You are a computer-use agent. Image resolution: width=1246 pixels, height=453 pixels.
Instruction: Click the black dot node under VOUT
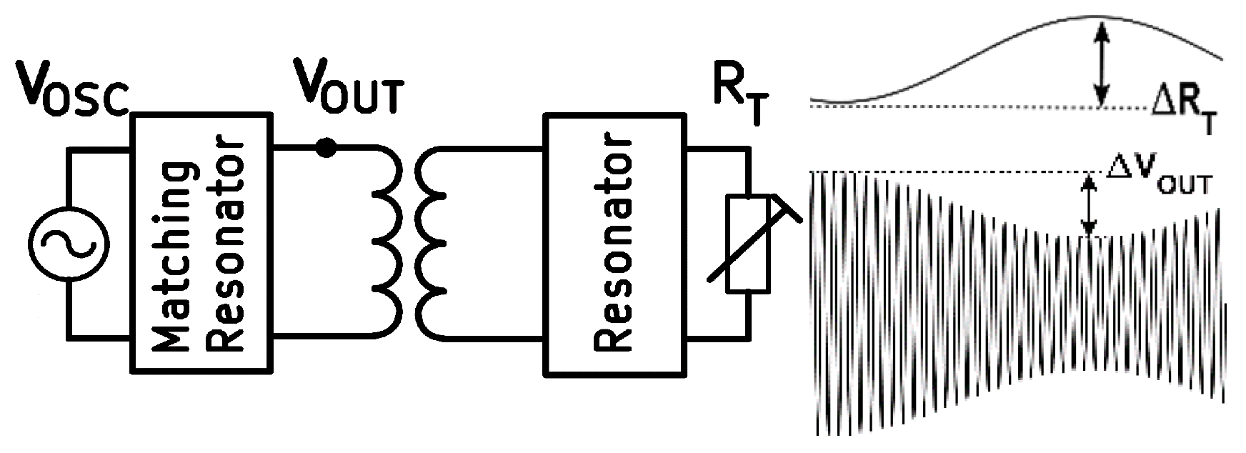pyautogui.click(x=326, y=148)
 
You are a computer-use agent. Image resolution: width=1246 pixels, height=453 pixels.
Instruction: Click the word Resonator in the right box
pyautogui.click(x=613, y=243)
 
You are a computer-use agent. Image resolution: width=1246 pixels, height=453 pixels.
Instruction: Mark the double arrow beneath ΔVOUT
pyautogui.click(x=1088, y=206)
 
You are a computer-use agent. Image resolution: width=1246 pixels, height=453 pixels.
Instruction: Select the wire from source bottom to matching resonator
pyautogui.click(x=100, y=334)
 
